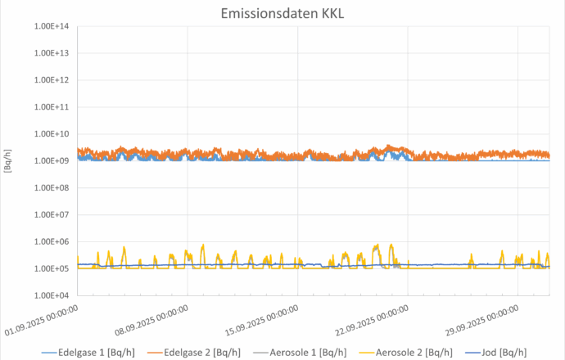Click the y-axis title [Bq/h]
pos(8,160)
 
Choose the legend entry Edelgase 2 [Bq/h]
pos(197,352)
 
